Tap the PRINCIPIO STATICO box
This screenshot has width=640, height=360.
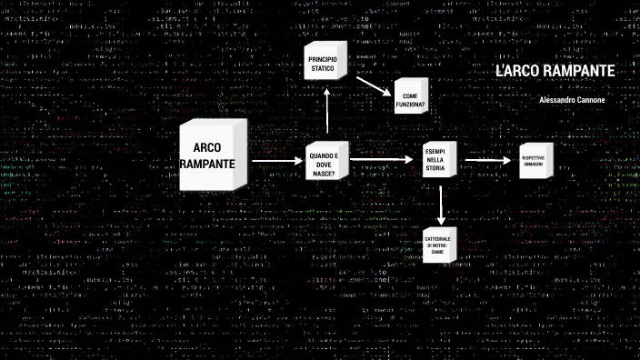click(323, 65)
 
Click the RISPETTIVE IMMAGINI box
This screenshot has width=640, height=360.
click(534, 161)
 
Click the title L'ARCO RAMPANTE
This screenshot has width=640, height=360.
click(555, 72)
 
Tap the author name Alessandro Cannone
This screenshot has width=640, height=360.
click(576, 99)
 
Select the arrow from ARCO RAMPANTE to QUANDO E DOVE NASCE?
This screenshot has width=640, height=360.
click(278, 162)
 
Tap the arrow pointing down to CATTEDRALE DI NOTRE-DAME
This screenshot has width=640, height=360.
click(440, 208)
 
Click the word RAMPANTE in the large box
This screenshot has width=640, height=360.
click(208, 164)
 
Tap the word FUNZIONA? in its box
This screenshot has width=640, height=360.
click(410, 105)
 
